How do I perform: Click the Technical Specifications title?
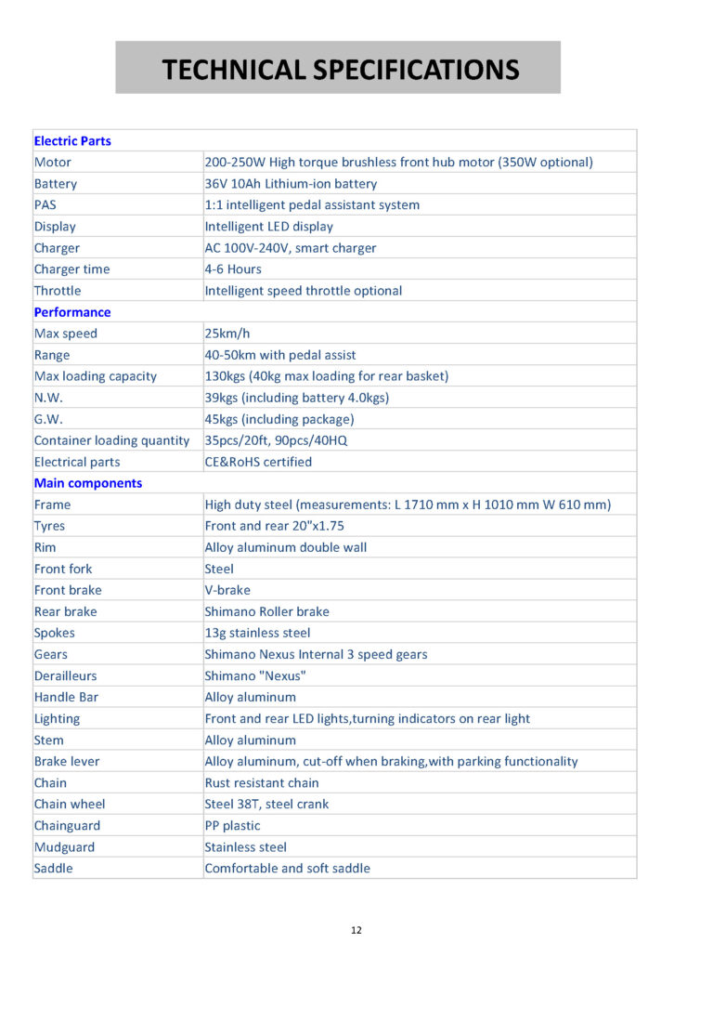pos(341,70)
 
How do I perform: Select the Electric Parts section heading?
pos(72,141)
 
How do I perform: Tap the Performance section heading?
pos(72,312)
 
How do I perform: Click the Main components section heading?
pos(88,483)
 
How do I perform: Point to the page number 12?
pos(356,930)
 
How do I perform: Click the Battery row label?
pos(56,184)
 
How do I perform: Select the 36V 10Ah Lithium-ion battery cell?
pos(291,184)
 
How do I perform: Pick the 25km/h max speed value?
pos(227,334)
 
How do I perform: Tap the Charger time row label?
pos(71,269)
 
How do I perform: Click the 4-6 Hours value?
pos(233,269)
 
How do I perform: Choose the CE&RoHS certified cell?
pos(258,462)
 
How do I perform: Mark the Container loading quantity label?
pos(111,440)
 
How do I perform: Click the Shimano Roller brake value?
pos(266,611)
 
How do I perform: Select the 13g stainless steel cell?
pos(257,633)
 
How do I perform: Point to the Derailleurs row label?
pos(65,675)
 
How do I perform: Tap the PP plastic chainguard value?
pos(232,825)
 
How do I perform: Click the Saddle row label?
pos(53,868)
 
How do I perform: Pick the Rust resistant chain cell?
pos(261,782)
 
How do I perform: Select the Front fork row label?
pos(63,569)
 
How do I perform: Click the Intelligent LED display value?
pos(268,227)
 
